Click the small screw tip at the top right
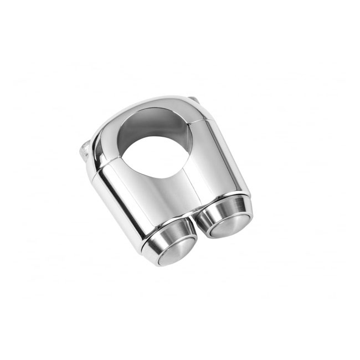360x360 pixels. click(x=192, y=100)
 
